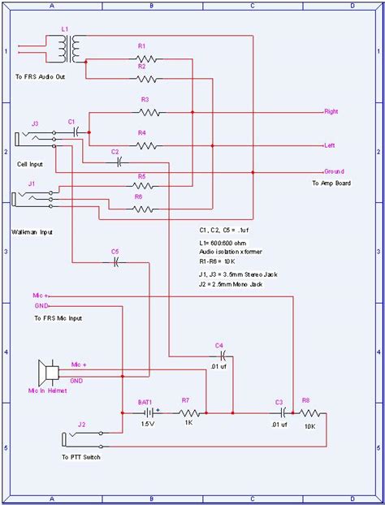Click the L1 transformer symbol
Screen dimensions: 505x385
(71, 50)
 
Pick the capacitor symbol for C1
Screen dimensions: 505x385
(75, 131)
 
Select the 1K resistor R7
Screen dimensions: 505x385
(185, 413)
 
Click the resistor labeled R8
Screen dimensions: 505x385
(309, 413)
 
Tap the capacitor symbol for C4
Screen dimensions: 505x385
(219, 356)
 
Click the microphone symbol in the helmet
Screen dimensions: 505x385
(49, 373)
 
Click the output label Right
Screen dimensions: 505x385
(331, 110)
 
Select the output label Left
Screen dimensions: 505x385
(330, 146)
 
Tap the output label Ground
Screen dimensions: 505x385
(334, 171)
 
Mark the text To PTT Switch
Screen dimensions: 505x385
(80, 458)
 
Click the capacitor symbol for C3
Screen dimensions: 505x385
(279, 413)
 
